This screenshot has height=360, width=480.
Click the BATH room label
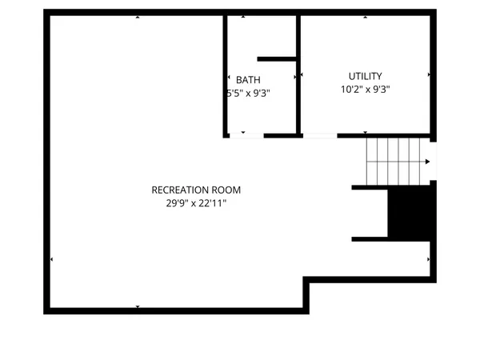click(248, 79)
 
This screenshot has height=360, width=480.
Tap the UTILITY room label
click(365, 76)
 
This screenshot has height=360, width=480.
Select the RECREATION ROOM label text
click(196, 190)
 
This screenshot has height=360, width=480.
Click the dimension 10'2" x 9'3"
click(365, 90)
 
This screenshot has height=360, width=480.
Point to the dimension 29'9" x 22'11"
click(196, 203)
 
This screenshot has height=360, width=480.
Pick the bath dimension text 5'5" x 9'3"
click(248, 93)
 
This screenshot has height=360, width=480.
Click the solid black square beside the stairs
click(410, 213)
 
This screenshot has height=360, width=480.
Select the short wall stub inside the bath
click(277, 58)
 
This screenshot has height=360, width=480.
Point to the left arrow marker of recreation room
click(52, 259)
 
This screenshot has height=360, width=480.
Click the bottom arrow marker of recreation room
click(138, 306)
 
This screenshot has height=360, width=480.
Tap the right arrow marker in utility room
click(430, 75)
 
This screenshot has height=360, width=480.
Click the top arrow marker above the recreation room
click(138, 16)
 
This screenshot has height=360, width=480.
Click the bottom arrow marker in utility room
click(365, 132)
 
